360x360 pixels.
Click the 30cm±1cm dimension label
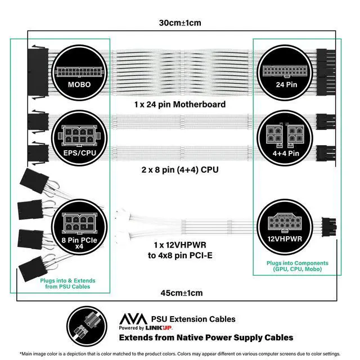180,23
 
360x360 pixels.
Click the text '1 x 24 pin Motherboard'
180,104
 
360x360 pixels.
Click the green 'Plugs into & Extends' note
67,283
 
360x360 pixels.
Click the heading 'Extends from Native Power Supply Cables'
205,337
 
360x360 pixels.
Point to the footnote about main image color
180,354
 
